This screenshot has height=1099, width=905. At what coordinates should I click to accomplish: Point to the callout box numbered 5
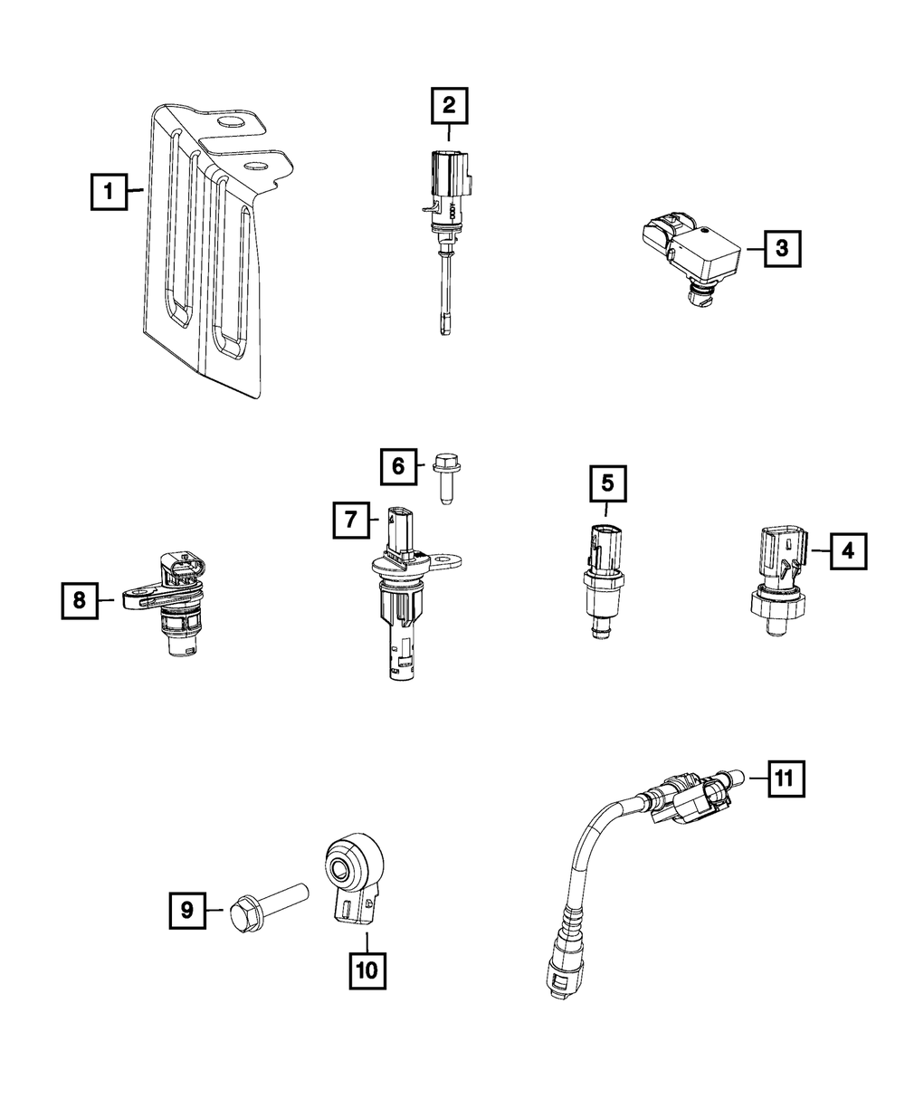(607, 483)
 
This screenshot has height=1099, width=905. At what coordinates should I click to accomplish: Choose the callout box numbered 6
(398, 467)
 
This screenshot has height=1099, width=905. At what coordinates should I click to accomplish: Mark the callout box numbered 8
(81, 599)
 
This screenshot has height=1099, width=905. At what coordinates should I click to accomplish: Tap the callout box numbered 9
(187, 910)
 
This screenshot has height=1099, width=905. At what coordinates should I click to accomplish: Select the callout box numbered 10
(367, 970)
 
